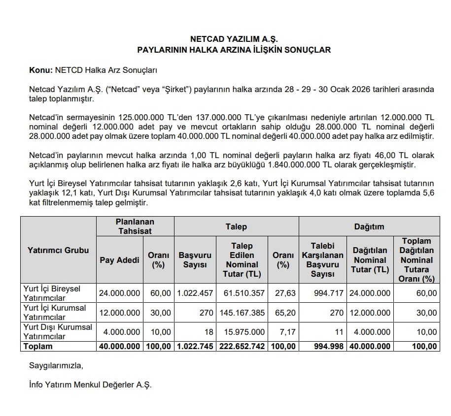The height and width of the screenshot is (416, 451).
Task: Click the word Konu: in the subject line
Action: point(41,70)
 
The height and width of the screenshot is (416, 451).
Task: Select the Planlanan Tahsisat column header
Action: point(135,226)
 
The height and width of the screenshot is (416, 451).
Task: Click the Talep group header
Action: point(237,226)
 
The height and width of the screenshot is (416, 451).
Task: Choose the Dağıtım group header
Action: point(369,226)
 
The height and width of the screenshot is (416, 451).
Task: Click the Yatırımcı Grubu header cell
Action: point(58,250)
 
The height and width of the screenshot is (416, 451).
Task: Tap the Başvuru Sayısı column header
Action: point(195,260)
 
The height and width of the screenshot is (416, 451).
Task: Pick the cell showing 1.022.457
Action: point(195,293)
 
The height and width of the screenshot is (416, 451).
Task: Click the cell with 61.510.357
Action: point(244,293)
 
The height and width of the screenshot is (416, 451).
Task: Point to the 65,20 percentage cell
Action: point(284,313)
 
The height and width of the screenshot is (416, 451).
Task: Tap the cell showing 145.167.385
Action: point(244,313)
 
